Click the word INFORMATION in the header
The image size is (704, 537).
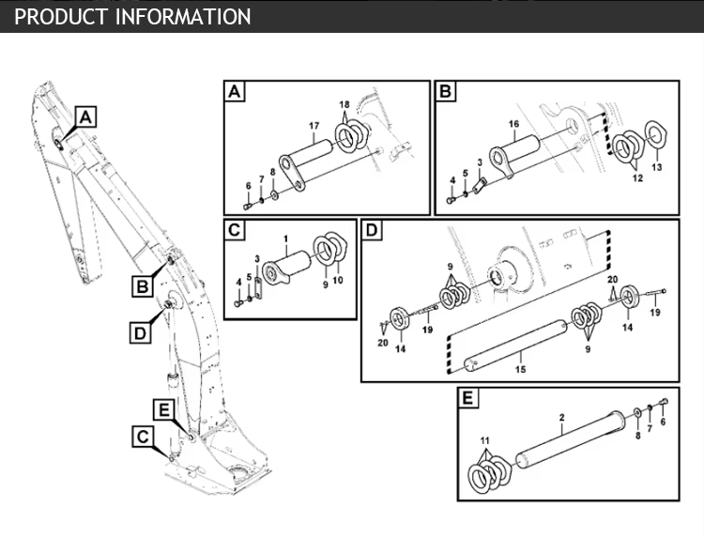pos(183,17)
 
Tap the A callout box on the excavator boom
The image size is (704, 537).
pos(84,117)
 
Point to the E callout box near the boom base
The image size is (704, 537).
pos(163,408)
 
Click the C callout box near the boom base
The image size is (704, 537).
pos(143,436)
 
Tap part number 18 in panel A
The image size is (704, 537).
pos(344,103)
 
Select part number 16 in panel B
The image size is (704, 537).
pos(513,125)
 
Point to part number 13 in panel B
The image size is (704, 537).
pos(657,167)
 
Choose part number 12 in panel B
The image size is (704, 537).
pos(636,176)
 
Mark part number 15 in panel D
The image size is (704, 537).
pos(521,370)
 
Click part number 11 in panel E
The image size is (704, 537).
pos(485,440)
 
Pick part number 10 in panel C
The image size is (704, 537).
pos(338,280)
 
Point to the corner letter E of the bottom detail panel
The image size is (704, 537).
pos(467,398)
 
